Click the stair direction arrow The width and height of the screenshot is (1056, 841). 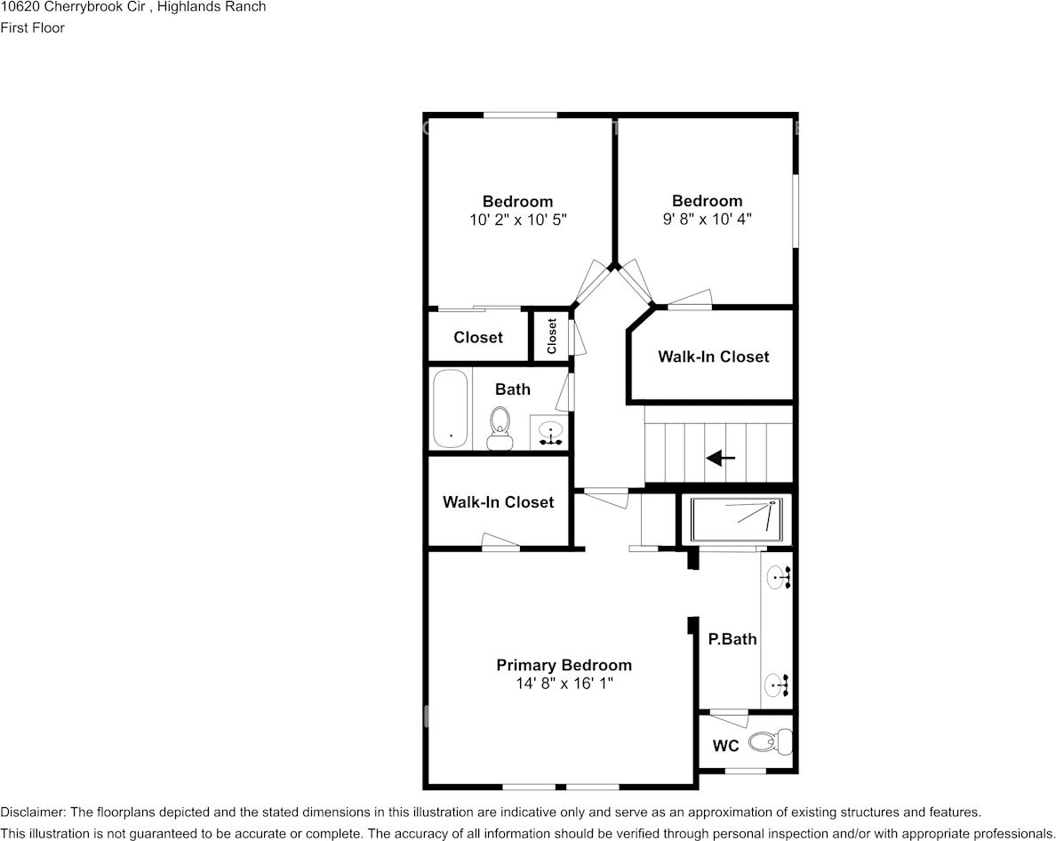(721, 459)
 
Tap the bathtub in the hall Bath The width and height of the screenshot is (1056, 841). (450, 409)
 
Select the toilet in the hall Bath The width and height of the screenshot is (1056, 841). (500, 428)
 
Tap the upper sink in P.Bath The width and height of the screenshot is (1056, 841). (780, 579)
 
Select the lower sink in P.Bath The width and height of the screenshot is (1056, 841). (778, 685)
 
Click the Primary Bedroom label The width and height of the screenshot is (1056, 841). (564, 665)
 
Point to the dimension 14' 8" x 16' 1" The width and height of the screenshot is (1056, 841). (564, 684)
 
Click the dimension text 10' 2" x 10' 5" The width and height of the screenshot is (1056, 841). (517, 219)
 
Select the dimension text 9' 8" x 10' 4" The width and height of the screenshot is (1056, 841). (707, 218)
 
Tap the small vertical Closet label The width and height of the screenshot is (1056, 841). (552, 336)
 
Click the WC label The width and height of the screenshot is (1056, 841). (726, 746)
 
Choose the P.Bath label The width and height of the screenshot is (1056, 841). (732, 638)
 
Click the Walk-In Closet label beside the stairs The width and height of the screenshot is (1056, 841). (713, 356)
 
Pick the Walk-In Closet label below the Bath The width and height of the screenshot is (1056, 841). (498, 502)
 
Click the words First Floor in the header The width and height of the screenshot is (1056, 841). (33, 28)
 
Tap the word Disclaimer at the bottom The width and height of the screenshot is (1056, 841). (32, 812)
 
